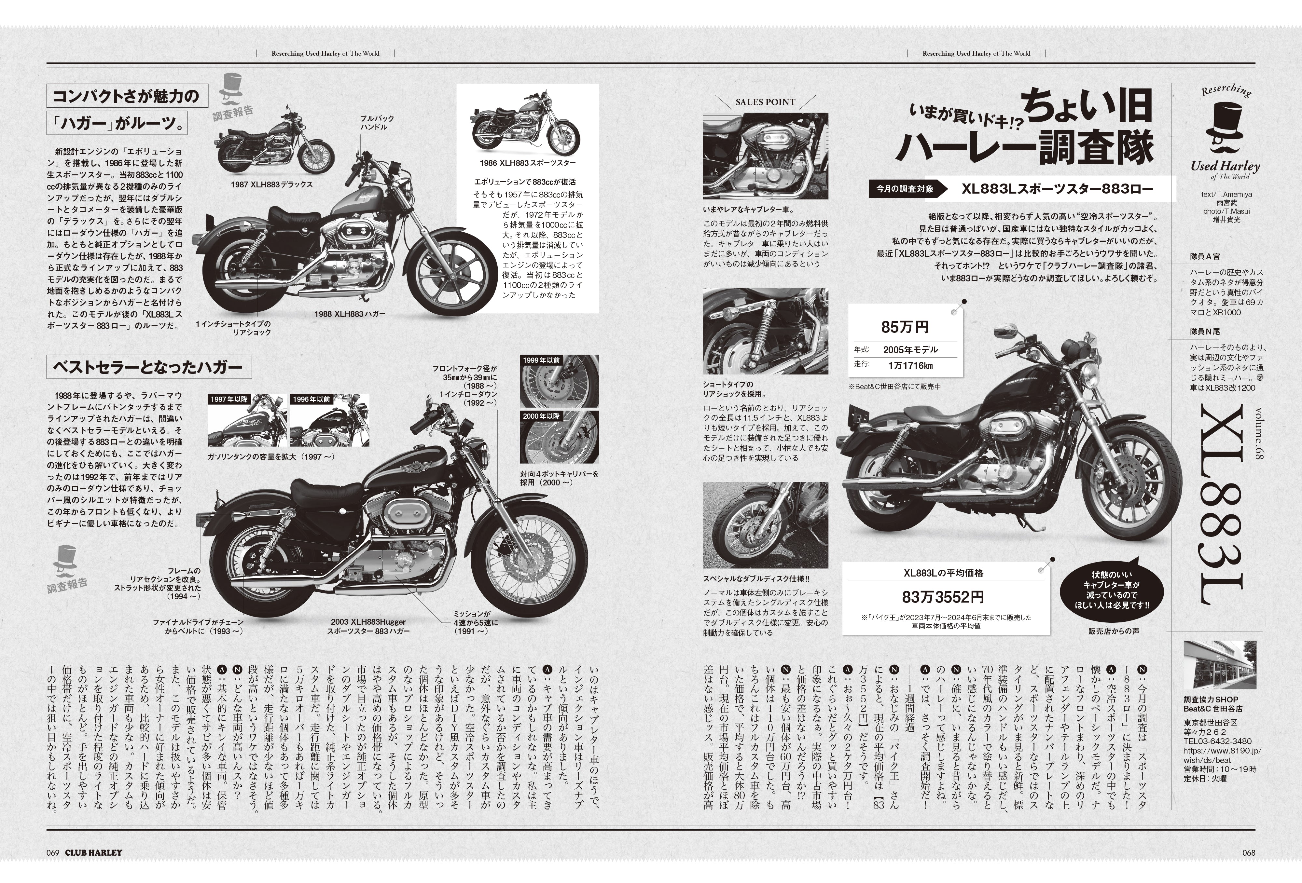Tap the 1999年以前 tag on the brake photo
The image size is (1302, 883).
(x=541, y=360)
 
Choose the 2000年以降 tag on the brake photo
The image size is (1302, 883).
(x=541, y=416)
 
